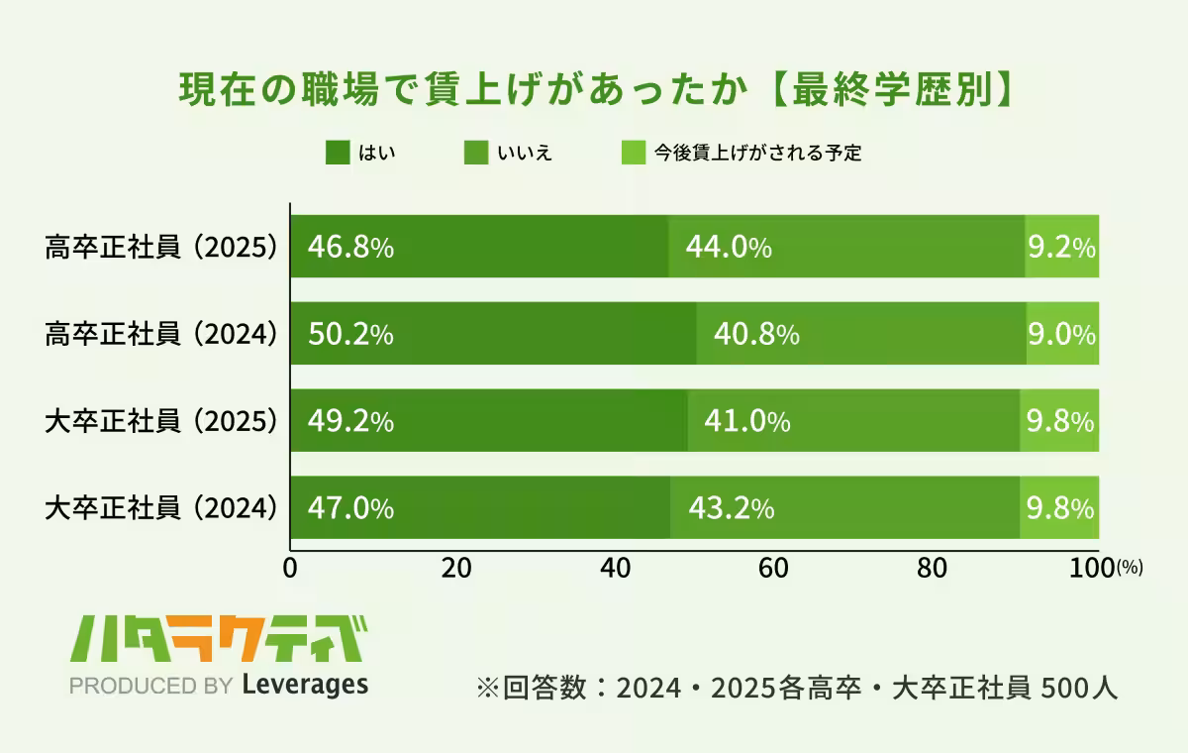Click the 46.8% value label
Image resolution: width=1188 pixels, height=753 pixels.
(350, 248)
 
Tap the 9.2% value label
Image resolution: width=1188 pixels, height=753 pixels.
(1061, 248)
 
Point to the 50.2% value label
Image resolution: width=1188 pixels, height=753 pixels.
(350, 335)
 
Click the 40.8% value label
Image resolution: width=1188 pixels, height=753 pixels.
(756, 335)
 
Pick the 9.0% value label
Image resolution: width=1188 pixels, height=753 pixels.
(1061, 335)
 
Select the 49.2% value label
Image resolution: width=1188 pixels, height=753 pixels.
(350, 422)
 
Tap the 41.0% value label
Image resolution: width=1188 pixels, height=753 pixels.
(746, 422)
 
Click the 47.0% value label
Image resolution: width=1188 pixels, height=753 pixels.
(350, 509)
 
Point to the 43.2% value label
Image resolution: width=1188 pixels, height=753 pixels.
(731, 509)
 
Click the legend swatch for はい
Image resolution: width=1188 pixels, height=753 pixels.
(338, 153)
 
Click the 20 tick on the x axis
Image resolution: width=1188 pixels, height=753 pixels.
(454, 569)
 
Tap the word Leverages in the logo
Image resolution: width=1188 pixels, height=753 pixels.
(305, 684)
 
